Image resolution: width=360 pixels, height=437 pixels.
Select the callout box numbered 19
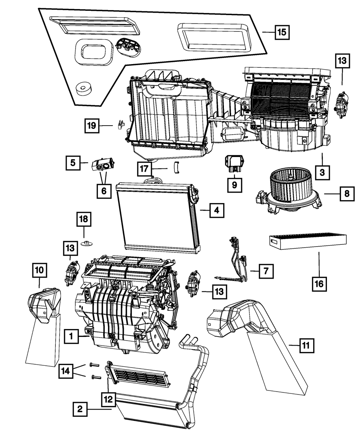tap(92, 126)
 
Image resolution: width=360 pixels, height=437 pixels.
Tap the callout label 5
tap(73, 163)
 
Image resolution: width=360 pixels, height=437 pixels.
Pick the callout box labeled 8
tap(346, 194)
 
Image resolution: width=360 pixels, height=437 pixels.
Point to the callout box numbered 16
tap(319, 284)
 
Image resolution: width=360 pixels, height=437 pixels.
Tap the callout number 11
tap(305, 346)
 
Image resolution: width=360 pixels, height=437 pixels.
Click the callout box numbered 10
tap(40, 270)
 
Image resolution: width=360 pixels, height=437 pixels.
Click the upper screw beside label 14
tap(93, 365)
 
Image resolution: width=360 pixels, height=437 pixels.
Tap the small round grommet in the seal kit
tap(84, 88)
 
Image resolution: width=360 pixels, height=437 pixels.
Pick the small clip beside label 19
tap(120, 125)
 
